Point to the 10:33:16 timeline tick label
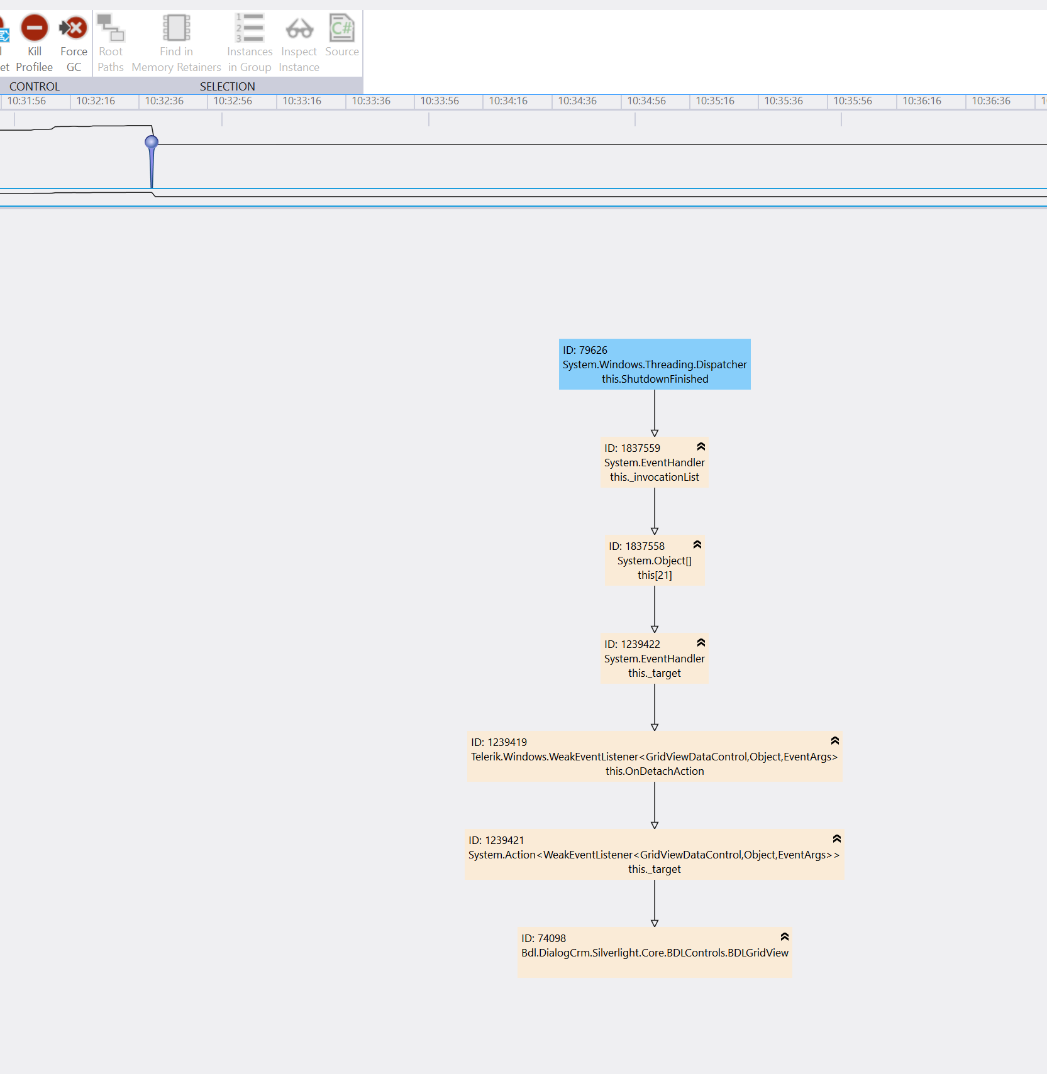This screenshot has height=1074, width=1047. point(302,101)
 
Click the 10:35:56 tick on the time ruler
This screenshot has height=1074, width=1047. point(853,101)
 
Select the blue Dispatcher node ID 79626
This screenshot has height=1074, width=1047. point(655,364)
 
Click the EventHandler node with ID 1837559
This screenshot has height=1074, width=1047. point(654,463)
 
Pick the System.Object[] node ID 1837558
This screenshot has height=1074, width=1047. point(654,561)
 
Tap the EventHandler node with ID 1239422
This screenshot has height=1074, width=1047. point(654,659)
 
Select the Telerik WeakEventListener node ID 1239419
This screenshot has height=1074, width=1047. point(654,757)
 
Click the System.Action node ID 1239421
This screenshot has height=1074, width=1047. point(654,855)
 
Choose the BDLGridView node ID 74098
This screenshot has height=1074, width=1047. point(654,953)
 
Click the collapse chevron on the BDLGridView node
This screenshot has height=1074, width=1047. point(784,937)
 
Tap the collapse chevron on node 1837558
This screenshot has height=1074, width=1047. point(697,545)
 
